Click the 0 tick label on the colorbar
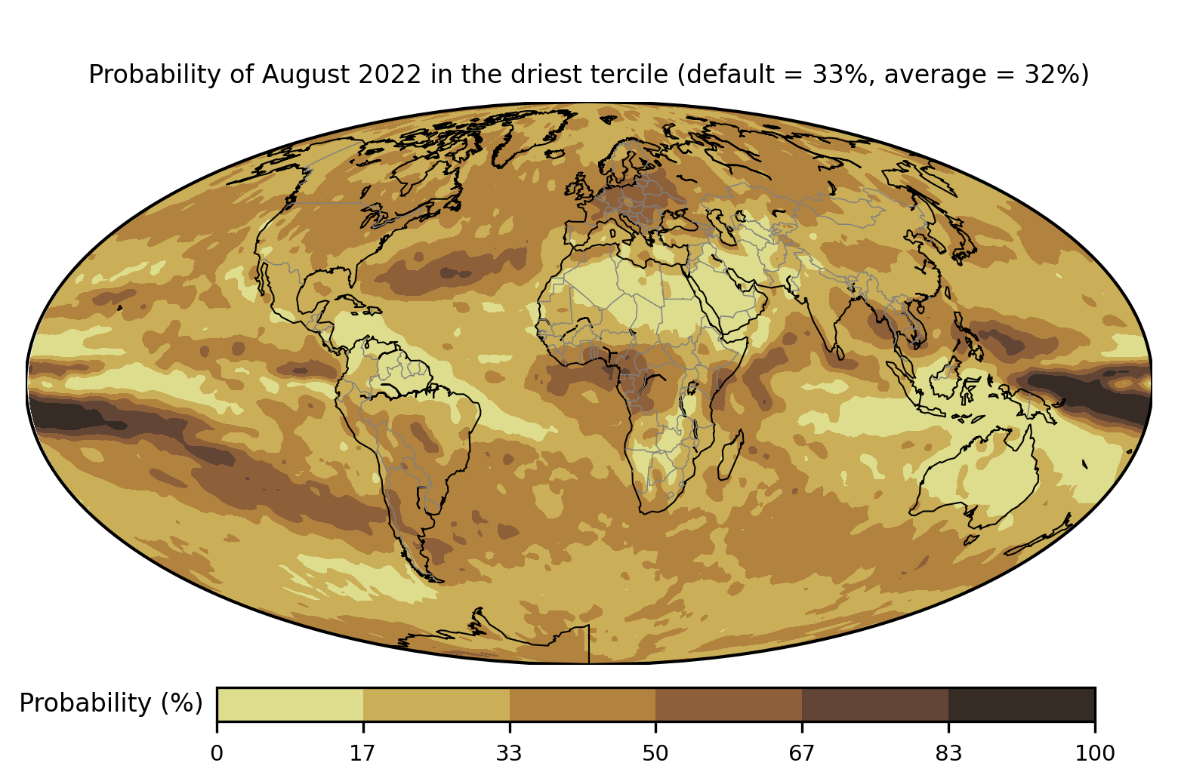pyautogui.click(x=217, y=753)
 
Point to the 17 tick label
pyautogui.click(x=362, y=753)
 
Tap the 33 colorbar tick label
pyautogui.click(x=509, y=753)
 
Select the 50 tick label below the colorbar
pyautogui.click(x=655, y=753)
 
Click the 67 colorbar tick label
pyautogui.click(x=801, y=753)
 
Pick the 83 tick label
pyautogui.click(x=948, y=753)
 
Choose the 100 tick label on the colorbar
pyautogui.click(x=1094, y=753)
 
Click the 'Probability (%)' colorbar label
pyautogui.click(x=111, y=703)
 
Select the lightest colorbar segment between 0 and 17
pyautogui.click(x=290, y=704)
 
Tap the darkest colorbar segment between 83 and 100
pyautogui.click(x=1022, y=704)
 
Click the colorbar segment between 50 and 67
pyautogui.click(x=729, y=704)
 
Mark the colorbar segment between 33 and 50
pyautogui.click(x=583, y=704)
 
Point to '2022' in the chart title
pyautogui.click(x=390, y=74)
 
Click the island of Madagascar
pyautogui.click(x=730, y=455)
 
